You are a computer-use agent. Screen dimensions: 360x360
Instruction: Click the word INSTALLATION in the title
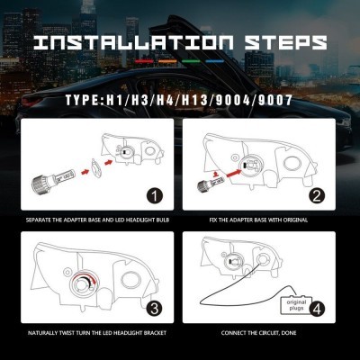[x=133, y=42]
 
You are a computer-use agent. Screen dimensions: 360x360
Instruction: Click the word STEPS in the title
[x=285, y=42]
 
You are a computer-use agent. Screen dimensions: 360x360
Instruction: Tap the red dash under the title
[x=144, y=61]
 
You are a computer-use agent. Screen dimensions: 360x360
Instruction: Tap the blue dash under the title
[x=215, y=61]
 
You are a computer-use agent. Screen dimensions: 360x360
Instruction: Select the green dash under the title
[x=192, y=61]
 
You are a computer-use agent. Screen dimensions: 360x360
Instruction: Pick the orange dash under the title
[x=167, y=61]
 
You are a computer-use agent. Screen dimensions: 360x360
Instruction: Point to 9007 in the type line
[x=275, y=100]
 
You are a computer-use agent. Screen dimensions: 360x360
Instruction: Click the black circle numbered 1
[x=155, y=196]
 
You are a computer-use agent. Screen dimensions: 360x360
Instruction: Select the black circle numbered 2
[x=317, y=196]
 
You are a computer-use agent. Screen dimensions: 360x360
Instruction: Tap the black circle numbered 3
[x=154, y=309]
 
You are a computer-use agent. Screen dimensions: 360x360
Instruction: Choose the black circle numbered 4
[x=317, y=309]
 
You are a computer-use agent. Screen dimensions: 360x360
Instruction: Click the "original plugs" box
[x=296, y=305]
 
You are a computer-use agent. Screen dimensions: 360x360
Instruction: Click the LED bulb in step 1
[x=51, y=179]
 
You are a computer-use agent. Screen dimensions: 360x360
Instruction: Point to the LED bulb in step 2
[x=209, y=184]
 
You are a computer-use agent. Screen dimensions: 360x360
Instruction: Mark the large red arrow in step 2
[x=235, y=174]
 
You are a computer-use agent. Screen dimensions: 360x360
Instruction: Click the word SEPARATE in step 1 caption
[x=38, y=220]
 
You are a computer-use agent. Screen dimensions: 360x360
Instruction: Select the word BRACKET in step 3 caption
[x=155, y=333]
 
